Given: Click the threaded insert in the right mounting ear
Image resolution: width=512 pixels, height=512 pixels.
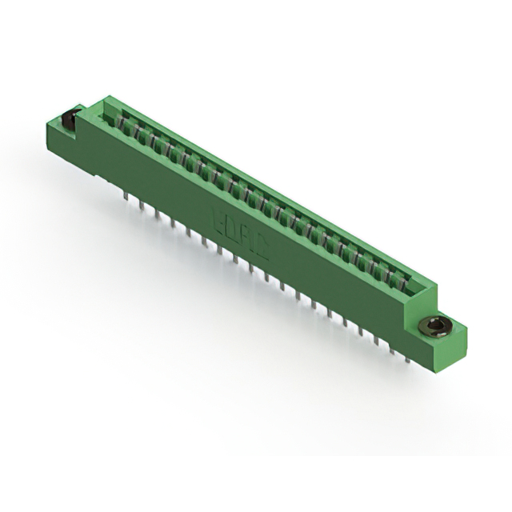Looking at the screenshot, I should pos(436,325).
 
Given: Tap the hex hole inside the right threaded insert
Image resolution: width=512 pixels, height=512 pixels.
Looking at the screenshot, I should pos(436,325).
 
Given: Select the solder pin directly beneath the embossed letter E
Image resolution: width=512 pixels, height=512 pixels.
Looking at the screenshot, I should pos(220,248).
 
